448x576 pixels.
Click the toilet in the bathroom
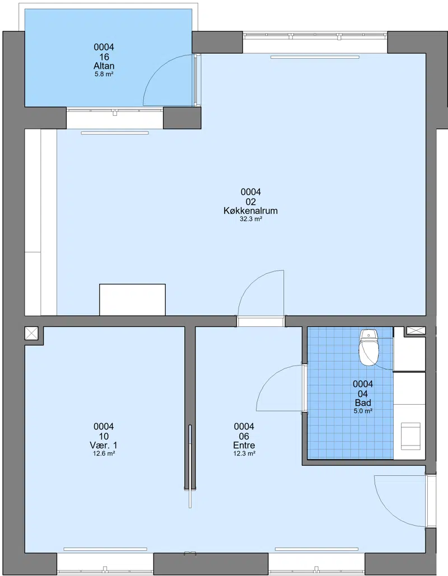pos(368,347)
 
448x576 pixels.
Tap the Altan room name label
pos(104,66)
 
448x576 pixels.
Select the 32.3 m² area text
pos(251,219)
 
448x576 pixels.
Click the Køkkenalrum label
pos(251,211)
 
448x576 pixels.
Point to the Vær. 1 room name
pos(104,445)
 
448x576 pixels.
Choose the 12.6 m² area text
pos(104,453)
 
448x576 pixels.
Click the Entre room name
pos(244,445)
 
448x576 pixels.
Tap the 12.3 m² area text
pos(244,453)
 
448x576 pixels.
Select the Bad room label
pos(363,402)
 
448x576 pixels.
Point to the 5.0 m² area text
pos(363,411)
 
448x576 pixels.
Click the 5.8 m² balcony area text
pos(104,74)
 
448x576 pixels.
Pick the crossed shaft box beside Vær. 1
pos(31,333)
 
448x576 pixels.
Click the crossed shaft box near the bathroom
pos(416,331)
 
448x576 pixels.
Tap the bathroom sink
pos(410,436)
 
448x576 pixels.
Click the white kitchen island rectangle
pos(132,300)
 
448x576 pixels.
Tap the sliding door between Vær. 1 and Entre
pos(190,466)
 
